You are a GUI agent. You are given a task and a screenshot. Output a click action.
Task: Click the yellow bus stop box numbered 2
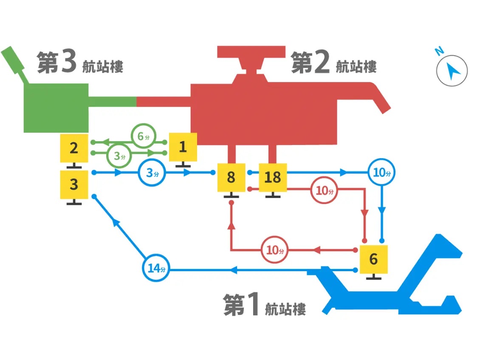point(74,148)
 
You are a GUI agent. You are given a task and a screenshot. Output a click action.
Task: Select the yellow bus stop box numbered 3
point(74,184)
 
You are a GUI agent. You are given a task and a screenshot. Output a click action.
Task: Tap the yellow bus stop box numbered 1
point(183,147)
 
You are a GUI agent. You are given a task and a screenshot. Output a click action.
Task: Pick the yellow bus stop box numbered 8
point(231,177)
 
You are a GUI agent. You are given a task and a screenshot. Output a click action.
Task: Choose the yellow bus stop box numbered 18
point(273,177)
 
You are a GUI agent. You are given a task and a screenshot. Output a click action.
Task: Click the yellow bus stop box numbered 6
point(373,259)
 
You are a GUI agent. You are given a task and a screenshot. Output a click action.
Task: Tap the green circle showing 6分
point(144,136)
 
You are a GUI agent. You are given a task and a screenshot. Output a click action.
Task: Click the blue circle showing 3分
point(152,173)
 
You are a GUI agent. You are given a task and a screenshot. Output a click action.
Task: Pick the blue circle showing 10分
point(381,173)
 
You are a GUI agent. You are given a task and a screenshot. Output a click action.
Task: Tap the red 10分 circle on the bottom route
point(275,250)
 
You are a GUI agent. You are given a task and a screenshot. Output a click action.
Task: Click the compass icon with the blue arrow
point(452,71)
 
